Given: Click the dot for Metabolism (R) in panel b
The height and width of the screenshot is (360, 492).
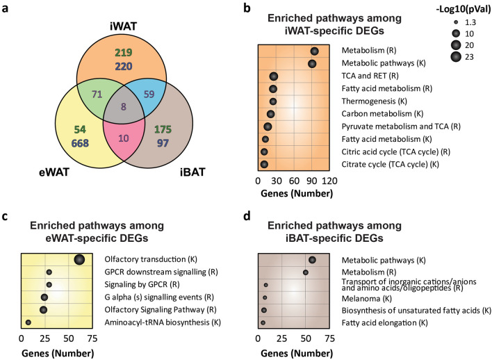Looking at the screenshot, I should [x=315, y=51].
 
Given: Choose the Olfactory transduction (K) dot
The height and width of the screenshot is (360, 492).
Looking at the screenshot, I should [x=79, y=259].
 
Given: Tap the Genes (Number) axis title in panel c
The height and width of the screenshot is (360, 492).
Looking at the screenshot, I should [x=56, y=352].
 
